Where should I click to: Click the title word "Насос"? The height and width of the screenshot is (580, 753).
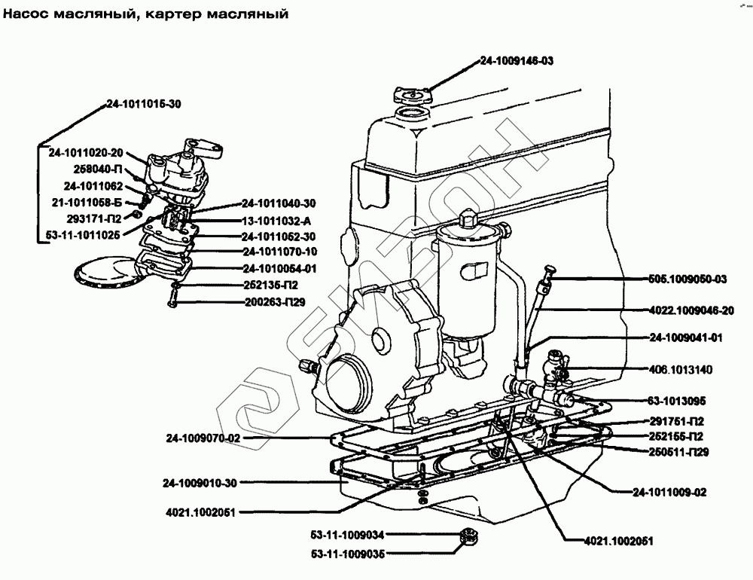[x=26, y=14]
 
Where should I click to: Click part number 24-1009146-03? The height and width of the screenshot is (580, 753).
[x=517, y=60]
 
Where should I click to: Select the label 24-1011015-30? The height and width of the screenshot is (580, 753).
[x=144, y=104]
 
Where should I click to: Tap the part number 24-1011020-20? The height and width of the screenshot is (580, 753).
[x=86, y=153]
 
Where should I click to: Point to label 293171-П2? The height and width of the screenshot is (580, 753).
[x=94, y=218]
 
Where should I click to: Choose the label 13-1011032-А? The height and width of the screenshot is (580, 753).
[x=276, y=221]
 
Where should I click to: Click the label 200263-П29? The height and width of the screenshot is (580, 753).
[x=275, y=302]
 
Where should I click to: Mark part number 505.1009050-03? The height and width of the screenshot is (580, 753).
[x=687, y=279]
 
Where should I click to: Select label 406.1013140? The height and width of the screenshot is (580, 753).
[x=681, y=370]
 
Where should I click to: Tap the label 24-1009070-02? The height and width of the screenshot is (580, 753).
[x=203, y=438]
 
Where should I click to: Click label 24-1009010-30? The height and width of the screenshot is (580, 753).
[x=200, y=483]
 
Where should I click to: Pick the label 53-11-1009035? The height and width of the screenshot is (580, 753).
[x=348, y=554]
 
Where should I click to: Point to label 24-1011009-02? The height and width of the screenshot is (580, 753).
[x=669, y=492]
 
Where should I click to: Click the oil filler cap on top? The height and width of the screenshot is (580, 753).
[x=412, y=95]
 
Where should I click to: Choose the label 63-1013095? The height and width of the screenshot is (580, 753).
[x=677, y=401]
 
